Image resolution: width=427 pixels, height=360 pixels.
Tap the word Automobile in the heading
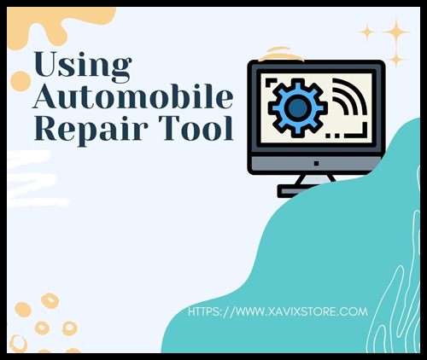click(x=133, y=96)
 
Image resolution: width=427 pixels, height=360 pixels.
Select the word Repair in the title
click(x=91, y=130)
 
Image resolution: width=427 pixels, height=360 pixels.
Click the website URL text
click(x=278, y=312)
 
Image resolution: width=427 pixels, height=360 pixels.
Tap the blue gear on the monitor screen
click(x=298, y=107)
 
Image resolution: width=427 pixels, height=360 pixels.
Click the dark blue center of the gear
click(x=297, y=107)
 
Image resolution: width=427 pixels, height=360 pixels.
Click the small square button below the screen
click(x=316, y=163)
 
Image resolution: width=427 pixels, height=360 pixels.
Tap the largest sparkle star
click(x=396, y=32)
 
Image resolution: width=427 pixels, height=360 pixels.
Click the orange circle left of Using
click(x=20, y=81)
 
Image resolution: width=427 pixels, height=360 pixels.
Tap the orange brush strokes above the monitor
click(x=281, y=54)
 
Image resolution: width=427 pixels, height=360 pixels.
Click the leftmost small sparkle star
click(x=367, y=32)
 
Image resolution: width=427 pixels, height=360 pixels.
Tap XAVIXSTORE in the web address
click(x=301, y=312)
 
